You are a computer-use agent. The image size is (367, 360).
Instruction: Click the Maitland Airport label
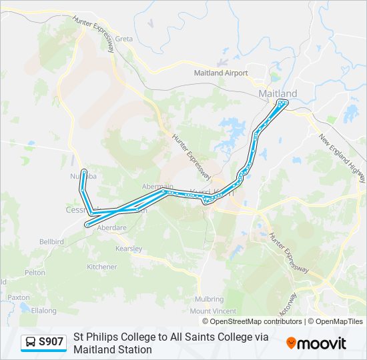pos(221,73)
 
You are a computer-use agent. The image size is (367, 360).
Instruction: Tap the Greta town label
pos(124,39)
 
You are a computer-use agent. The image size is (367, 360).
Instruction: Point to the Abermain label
pos(157,187)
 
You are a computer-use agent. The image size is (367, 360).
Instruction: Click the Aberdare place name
pos(112,227)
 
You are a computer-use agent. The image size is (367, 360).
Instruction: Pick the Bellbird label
pos(51,241)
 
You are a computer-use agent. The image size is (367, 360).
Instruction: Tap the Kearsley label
pos(128,249)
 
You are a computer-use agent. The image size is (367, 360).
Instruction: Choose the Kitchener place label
pos(102,267)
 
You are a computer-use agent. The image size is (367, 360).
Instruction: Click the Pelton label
pos(35,273)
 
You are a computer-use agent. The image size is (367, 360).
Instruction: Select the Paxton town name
pos(19,297)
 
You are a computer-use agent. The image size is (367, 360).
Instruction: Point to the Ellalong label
pos(44,310)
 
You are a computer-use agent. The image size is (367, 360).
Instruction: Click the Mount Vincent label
pos(214,311)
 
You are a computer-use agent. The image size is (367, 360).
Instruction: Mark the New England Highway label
pos(342,159)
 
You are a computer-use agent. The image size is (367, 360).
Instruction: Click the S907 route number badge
pos(51,342)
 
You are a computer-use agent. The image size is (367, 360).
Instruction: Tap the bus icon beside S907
pos(31,343)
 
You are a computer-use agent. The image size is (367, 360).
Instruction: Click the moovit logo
pos(316,343)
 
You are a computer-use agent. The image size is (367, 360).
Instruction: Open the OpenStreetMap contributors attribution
pos(246,321)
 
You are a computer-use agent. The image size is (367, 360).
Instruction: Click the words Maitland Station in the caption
pos(113,349)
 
